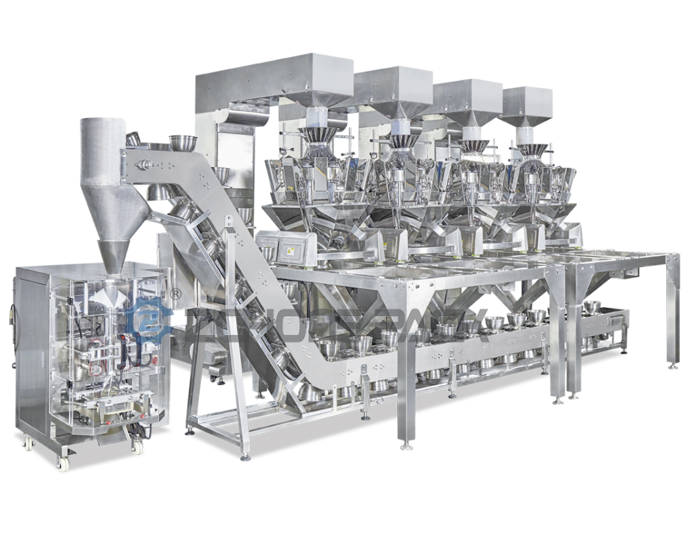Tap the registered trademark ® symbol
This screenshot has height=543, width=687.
coord(176,293)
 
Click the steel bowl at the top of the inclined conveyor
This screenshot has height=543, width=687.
coord(182,143)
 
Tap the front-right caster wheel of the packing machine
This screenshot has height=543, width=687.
coord(137,447)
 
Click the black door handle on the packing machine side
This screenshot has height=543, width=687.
coord(11,315)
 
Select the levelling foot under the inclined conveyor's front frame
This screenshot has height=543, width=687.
coord(246,456)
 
